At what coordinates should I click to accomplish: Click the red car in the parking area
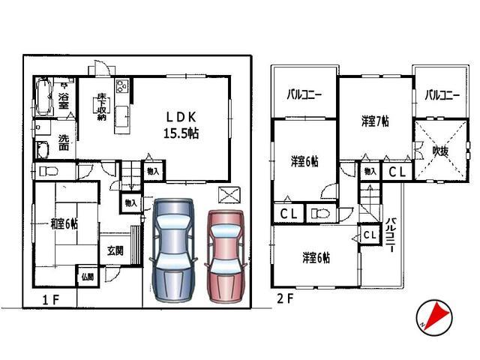point(224,255)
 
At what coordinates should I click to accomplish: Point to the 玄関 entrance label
point(115,251)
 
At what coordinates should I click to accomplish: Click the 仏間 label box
point(87,277)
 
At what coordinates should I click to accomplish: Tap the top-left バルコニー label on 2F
point(304,95)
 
